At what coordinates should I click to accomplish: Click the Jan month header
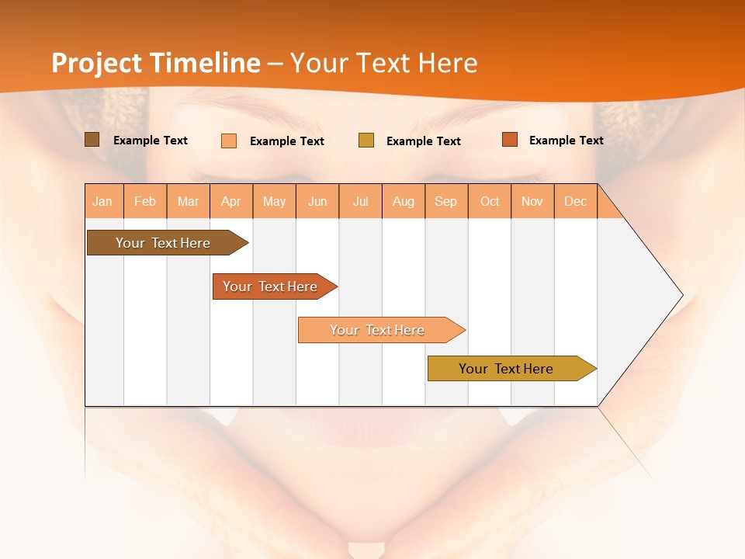tap(103, 201)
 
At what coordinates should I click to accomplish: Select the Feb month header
tap(145, 201)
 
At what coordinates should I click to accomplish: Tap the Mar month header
tap(188, 201)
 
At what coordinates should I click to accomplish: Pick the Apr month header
tap(231, 201)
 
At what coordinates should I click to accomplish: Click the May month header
tap(274, 201)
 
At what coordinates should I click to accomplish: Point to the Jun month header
tap(317, 201)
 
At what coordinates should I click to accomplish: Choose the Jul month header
tap(360, 201)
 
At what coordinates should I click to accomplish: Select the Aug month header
tap(404, 201)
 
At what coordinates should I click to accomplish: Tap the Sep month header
tap(446, 201)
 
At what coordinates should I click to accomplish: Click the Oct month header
tap(490, 201)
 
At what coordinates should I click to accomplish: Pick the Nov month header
tap(532, 201)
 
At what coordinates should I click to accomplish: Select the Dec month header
tap(576, 201)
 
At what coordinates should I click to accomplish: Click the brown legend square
tap(92, 140)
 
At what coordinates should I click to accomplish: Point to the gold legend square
tap(366, 141)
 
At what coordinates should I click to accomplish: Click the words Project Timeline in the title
tap(156, 63)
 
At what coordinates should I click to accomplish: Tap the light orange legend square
tap(229, 141)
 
